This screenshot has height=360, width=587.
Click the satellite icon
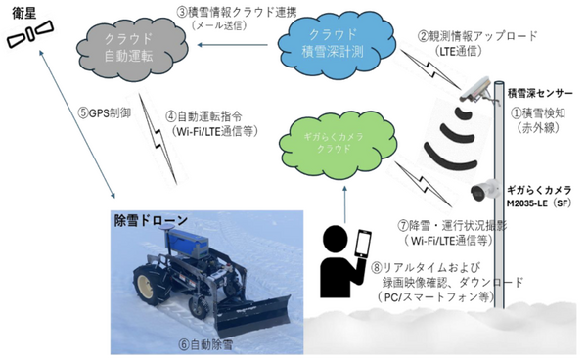point(30,35)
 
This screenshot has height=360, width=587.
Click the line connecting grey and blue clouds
point(235,43)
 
